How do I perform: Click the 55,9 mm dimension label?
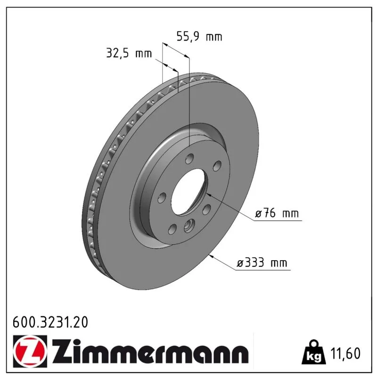coord(199,37)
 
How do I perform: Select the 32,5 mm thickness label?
coord(129,53)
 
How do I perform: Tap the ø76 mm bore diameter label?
coord(277,213)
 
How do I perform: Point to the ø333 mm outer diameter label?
coord(262,262)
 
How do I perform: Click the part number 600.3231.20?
coord(50,322)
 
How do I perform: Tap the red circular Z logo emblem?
coord(30,351)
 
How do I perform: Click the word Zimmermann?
coord(150,351)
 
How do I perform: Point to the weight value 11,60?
coord(345,353)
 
